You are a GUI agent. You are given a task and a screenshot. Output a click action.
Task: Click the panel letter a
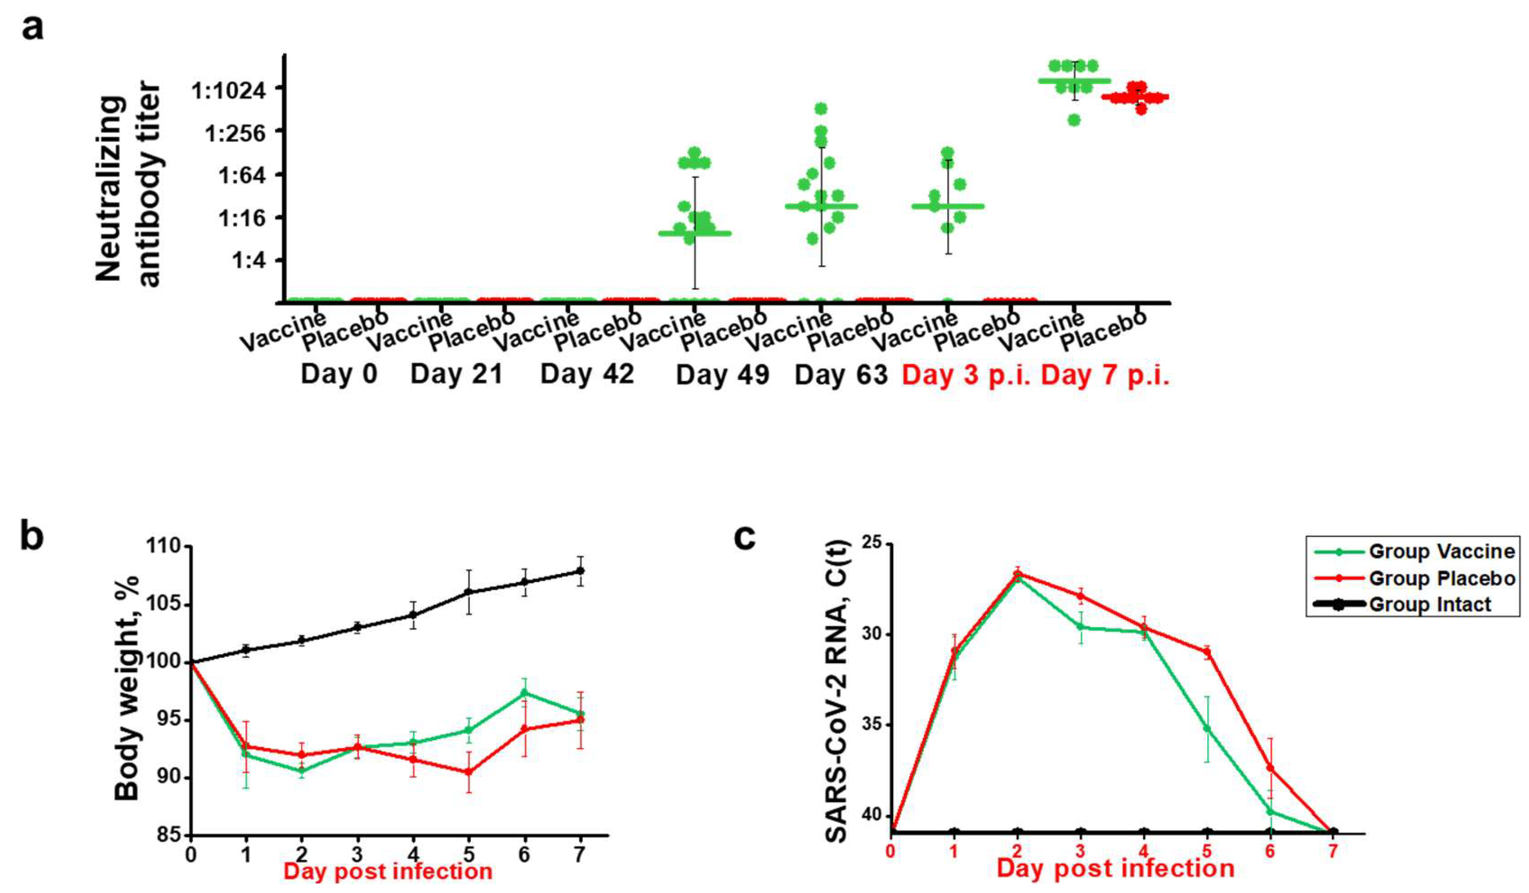(x=32, y=27)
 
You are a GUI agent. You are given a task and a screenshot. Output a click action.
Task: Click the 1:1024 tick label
(x=229, y=92)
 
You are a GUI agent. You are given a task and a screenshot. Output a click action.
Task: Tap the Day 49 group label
(x=722, y=374)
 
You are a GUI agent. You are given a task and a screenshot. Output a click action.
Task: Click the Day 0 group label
(x=338, y=374)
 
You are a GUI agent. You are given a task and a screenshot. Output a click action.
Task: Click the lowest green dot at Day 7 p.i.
(x=1074, y=120)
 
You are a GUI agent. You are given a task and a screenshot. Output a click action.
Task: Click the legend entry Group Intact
(x=1430, y=604)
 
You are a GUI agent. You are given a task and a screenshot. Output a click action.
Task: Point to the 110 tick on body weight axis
(x=163, y=547)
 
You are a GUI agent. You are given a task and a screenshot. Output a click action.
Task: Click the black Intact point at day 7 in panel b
(x=580, y=571)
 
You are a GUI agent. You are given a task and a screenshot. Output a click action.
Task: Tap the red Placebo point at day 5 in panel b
(x=469, y=772)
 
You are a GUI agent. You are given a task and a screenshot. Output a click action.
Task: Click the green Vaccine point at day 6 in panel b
(x=524, y=693)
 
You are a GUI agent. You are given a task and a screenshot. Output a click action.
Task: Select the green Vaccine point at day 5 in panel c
(x=1207, y=728)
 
